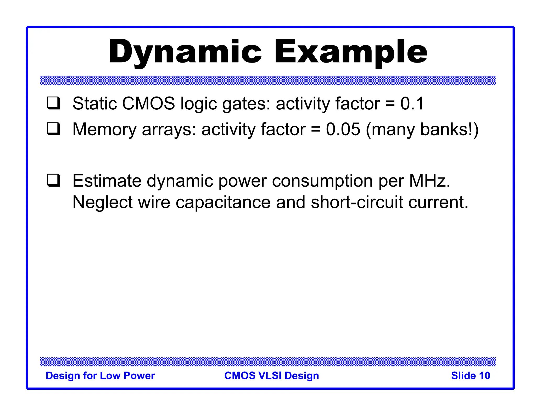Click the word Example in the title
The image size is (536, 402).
click(x=350, y=52)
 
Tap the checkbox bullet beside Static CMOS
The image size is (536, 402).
click(x=54, y=103)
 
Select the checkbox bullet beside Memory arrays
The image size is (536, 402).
click(x=54, y=129)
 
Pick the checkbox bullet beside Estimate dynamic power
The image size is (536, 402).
click(x=54, y=181)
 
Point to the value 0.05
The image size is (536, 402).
click(x=343, y=129)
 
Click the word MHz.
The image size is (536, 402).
click(x=429, y=181)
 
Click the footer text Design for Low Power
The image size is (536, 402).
click(x=100, y=376)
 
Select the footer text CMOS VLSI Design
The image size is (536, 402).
click(x=272, y=376)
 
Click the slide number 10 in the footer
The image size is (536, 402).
click(x=484, y=376)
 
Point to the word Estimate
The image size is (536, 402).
click(x=107, y=181)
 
